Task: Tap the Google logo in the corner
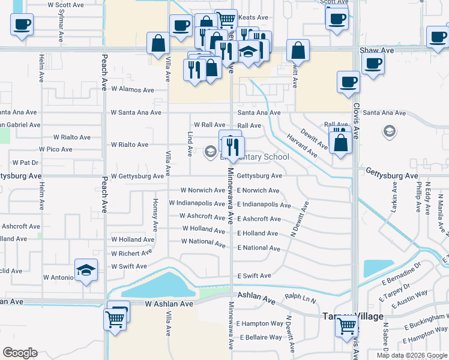pos(20,353)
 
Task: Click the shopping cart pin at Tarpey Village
pos(347,326)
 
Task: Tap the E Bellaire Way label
pos(261,337)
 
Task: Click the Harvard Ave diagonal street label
pos(301,146)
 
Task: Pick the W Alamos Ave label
pos(132,90)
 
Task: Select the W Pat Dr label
pos(25,163)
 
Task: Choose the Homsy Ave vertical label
pos(155,215)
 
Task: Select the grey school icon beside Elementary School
pos(210,151)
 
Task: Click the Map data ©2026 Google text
pos(410,355)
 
